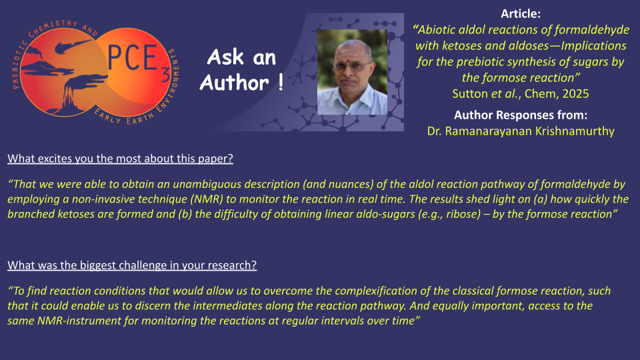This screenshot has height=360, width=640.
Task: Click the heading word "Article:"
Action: coord(521,14)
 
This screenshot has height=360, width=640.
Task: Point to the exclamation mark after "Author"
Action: coord(281,82)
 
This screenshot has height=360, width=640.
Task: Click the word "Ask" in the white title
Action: coord(226,57)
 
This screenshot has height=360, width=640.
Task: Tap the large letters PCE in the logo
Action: coord(132,57)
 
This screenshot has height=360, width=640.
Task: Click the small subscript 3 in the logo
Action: coord(165,75)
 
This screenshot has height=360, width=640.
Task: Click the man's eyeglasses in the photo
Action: coord(351,66)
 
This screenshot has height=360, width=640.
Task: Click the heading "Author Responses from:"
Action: coord(521,115)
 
